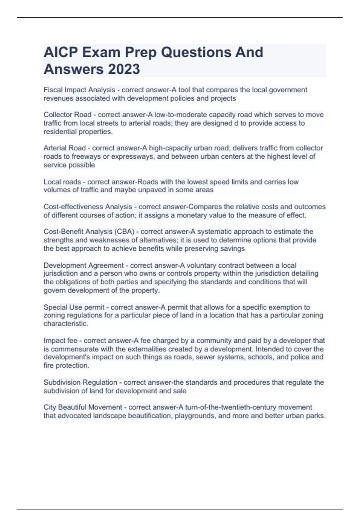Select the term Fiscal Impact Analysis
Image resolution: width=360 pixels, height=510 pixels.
coord(79,90)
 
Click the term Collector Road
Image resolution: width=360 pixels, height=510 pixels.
coord(67,115)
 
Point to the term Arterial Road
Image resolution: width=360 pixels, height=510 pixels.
coord(64,148)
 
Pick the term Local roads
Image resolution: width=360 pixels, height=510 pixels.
coord(62,182)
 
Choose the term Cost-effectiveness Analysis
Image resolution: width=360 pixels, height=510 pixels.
coord(88,207)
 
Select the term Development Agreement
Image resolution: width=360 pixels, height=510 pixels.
coord(83,265)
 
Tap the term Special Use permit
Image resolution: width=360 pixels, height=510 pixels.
coord(74,307)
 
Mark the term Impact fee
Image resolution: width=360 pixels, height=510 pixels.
coord(60,340)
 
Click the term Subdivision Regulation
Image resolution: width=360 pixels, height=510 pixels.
coord(80,382)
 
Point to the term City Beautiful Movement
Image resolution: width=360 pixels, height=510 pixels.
coord(83,407)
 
